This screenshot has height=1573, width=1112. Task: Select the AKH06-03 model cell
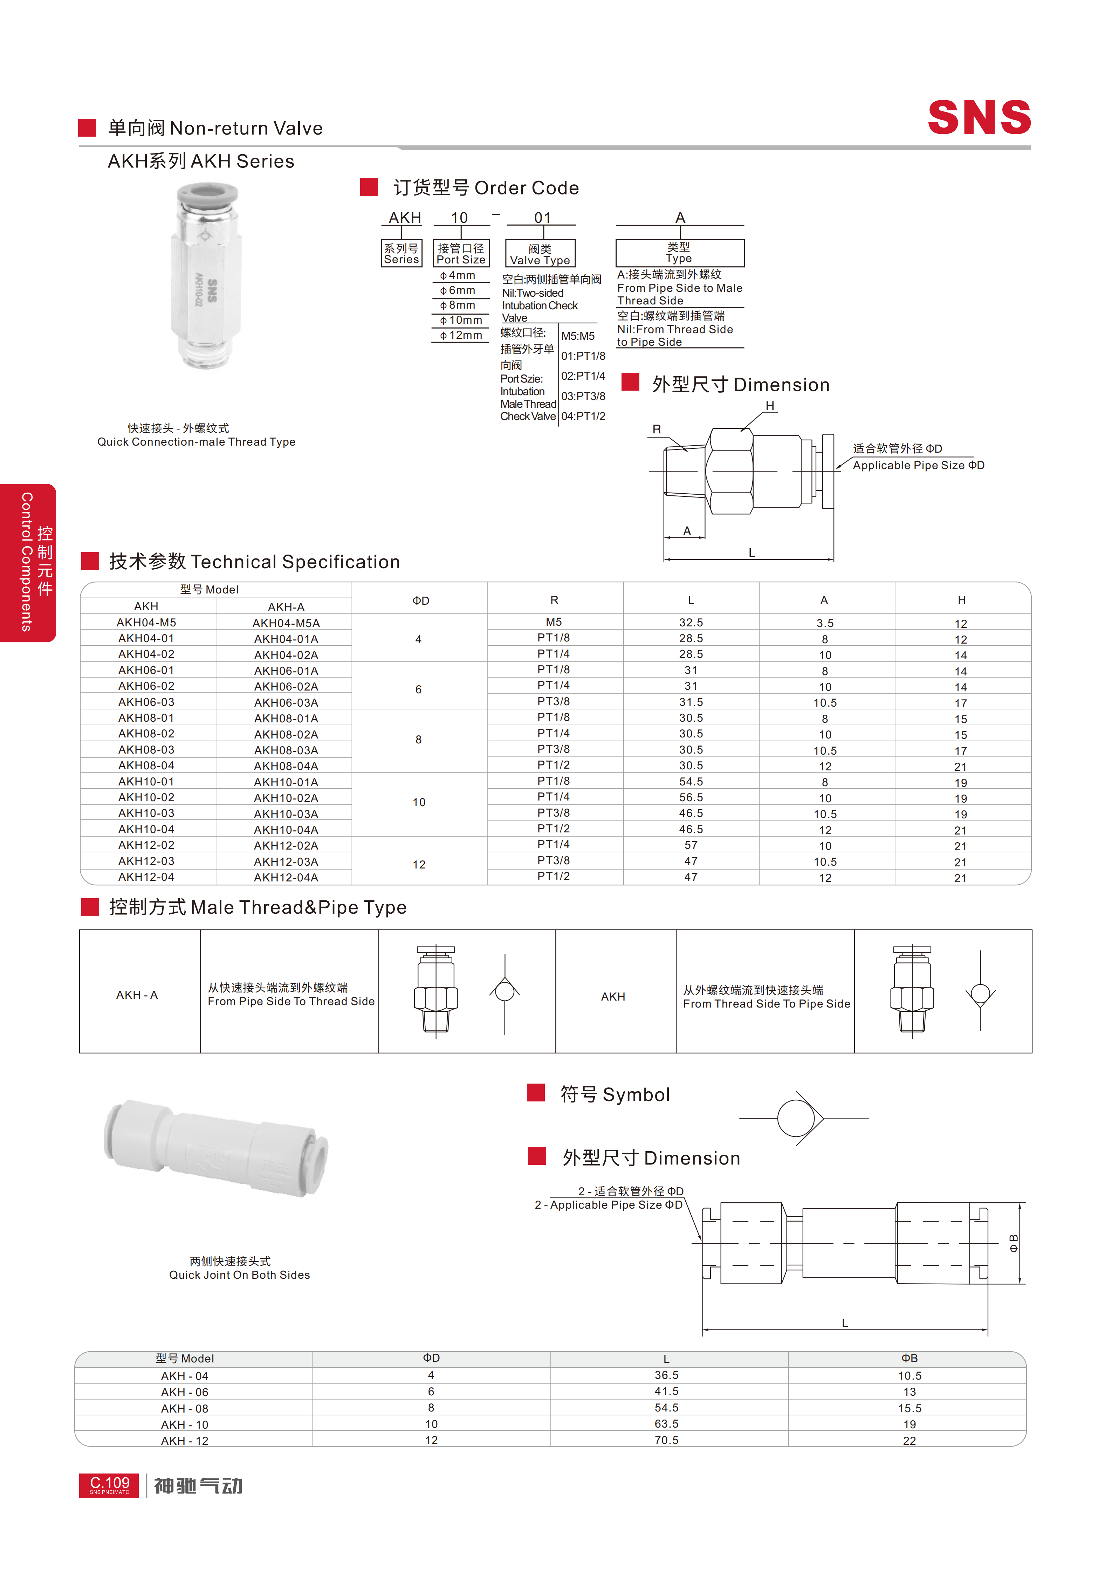coord(147,702)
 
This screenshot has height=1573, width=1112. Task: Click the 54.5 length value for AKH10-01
coord(691,782)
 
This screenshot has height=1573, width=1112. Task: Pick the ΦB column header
coord(909,1358)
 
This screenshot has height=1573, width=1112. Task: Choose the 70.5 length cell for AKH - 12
coord(666,1440)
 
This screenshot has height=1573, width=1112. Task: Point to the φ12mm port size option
coord(461,335)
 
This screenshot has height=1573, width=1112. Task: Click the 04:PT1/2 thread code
coord(583,416)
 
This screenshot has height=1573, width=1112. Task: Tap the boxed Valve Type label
coord(540,254)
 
